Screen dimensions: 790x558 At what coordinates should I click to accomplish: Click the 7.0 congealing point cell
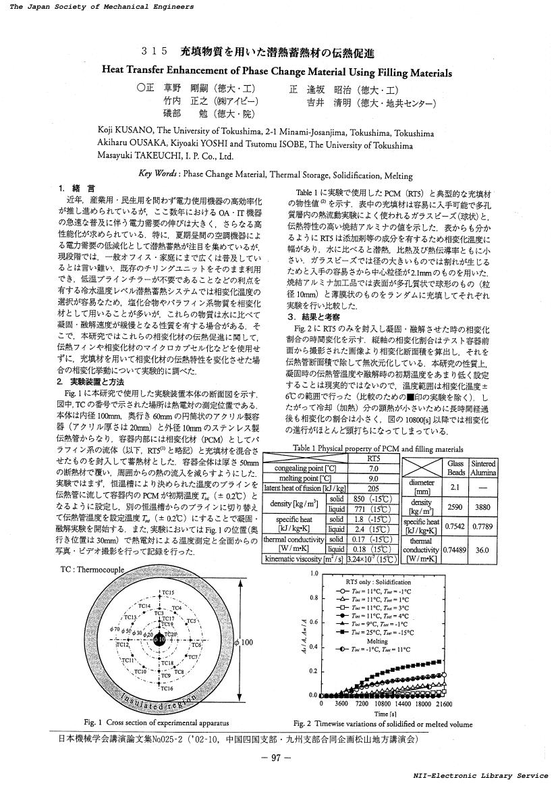click(x=374, y=468)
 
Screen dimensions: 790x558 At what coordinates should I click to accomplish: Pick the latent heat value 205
click(x=374, y=488)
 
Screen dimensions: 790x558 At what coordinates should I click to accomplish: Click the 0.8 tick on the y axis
click(x=314, y=598)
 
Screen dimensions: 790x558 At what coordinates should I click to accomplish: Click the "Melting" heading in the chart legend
click(x=377, y=641)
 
